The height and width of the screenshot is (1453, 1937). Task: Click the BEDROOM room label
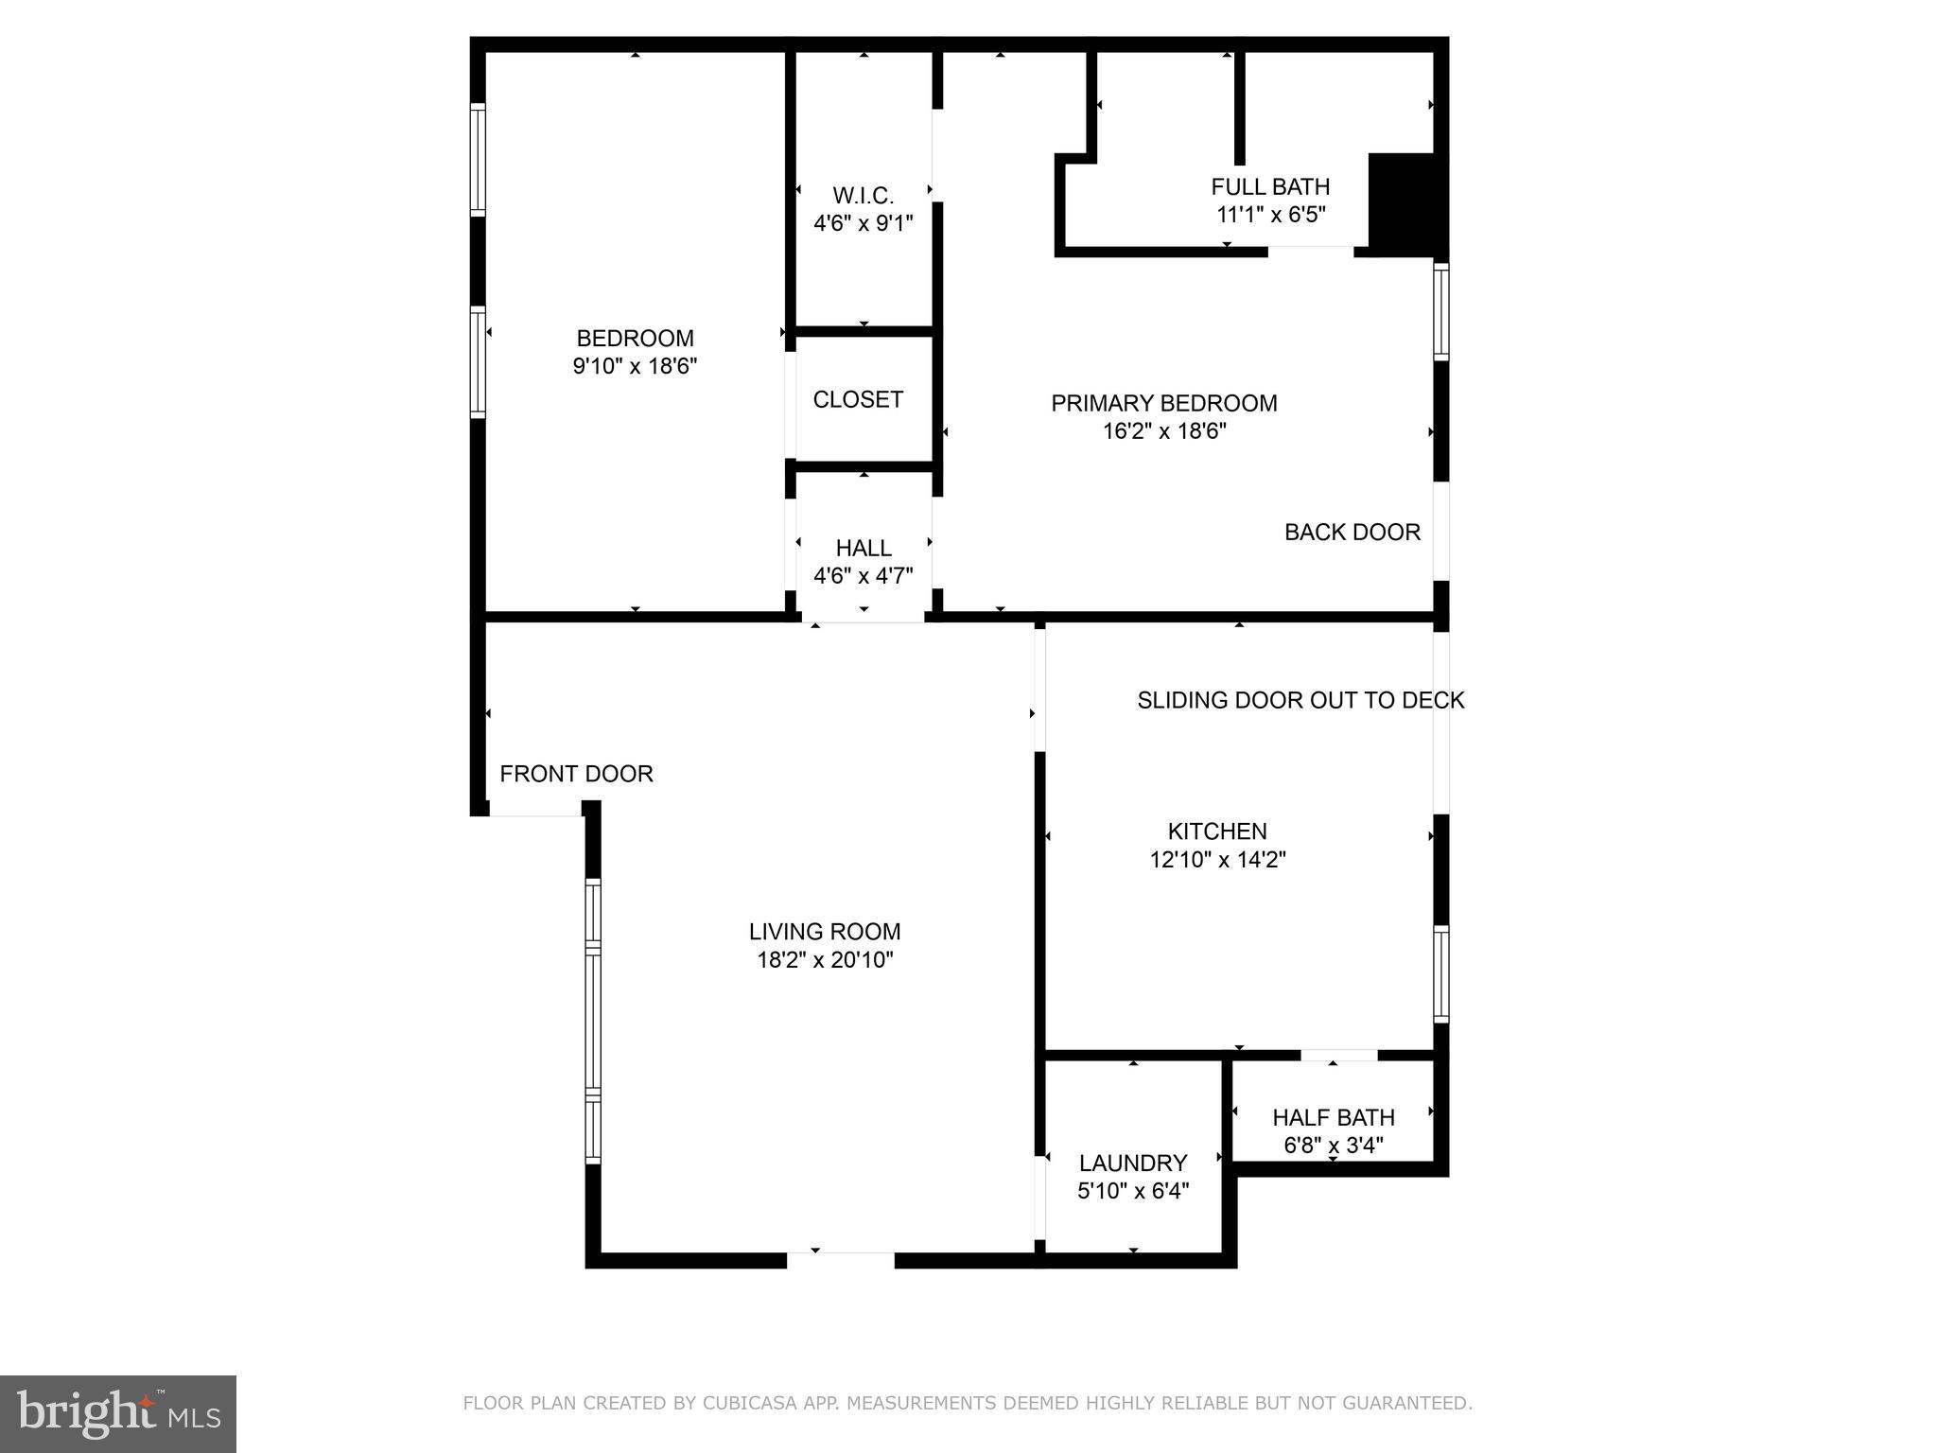point(635,338)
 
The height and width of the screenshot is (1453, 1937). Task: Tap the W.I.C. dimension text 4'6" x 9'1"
point(863,223)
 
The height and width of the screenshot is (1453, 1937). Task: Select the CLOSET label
point(858,399)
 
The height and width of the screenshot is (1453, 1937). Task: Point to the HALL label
point(863,548)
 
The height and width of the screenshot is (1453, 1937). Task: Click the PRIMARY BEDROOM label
point(1163,403)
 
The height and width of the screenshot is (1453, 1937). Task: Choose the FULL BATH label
point(1269,186)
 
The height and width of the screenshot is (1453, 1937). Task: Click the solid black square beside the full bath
point(1404,203)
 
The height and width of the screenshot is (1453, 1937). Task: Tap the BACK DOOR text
point(1352,532)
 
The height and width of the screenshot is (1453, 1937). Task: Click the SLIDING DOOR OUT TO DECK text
point(1300,700)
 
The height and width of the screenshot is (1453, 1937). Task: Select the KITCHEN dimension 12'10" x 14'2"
point(1217,859)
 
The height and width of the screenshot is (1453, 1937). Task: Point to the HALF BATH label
point(1333,1117)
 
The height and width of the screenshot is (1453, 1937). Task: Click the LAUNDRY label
point(1132,1163)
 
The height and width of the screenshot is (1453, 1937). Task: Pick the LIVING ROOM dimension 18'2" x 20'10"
point(825,960)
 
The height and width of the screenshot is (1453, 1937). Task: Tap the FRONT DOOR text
point(576,774)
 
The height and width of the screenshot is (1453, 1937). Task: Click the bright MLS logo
point(118,1413)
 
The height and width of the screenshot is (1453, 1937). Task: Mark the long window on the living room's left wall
point(593,1021)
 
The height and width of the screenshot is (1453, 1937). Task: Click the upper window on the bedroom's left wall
point(478,159)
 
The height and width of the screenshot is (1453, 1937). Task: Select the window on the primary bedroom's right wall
point(1440,311)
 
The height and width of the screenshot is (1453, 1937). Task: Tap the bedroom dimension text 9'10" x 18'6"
point(635,366)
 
